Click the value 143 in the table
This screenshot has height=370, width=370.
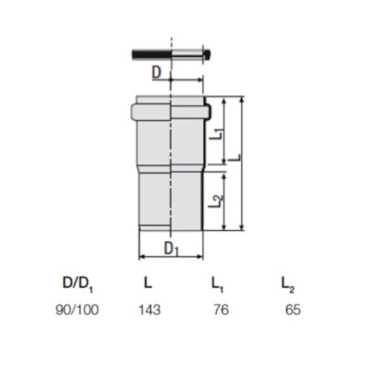pos(149,309)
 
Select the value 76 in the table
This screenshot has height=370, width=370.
pos(222,309)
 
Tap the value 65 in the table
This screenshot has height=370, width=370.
pos(293,309)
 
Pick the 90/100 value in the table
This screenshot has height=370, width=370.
pos(77,309)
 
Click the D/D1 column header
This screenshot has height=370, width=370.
pos(78,284)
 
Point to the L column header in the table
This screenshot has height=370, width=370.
pos(148,283)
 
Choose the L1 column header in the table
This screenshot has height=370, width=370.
pos(217,284)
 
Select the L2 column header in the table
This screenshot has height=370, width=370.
pos(288,284)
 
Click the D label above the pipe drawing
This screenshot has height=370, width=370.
pos(157,73)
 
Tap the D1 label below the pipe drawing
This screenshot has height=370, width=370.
pos(172,249)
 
